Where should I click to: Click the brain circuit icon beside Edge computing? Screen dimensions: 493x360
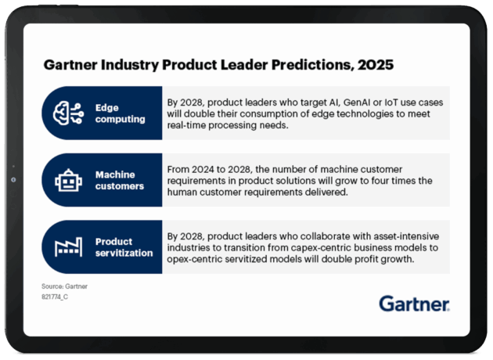[68, 113]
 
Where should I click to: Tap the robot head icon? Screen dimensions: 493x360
[69, 180]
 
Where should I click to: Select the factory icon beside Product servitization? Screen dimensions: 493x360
[69, 247]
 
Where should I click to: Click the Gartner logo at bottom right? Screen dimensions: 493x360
[415, 304]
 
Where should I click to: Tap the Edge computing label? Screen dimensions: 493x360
[120, 113]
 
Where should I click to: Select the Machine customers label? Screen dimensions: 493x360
[120, 180]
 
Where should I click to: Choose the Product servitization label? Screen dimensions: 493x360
[124, 247]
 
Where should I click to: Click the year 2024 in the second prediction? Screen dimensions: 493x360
[203, 170]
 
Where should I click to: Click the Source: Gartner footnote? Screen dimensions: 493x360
[64, 286]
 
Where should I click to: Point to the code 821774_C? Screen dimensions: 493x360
[55, 297]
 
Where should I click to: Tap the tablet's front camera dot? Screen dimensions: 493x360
[13, 180]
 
